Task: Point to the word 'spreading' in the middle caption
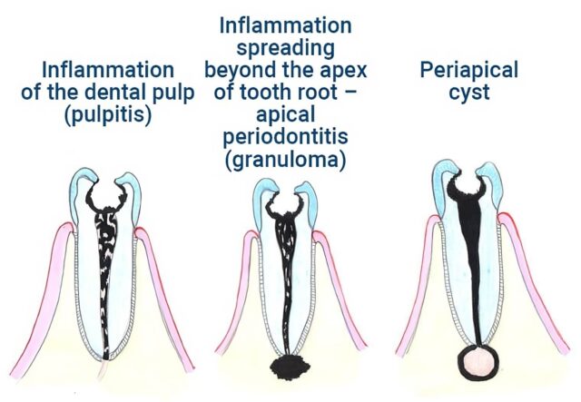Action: [289, 46]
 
